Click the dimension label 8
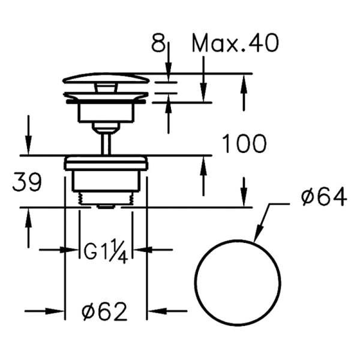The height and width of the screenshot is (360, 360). pos(157,44)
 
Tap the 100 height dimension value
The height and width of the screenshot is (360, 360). pos(244,144)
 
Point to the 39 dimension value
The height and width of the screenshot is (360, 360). pos(27,183)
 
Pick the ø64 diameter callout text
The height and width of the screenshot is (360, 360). pos(324,197)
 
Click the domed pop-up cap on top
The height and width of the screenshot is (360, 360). pos(106,79)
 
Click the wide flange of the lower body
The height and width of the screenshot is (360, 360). pos(106,161)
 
